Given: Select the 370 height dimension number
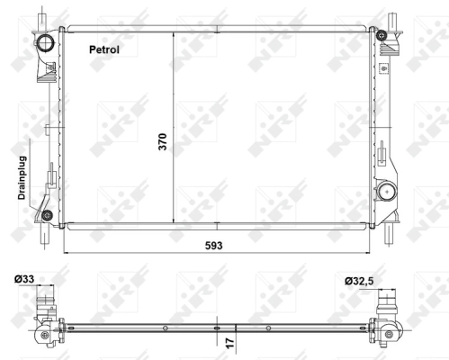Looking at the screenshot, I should tap(164, 140).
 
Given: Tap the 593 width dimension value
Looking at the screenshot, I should tap(214, 244).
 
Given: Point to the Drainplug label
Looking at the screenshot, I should tap(15, 179).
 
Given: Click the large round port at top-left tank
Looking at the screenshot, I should tap(46, 44).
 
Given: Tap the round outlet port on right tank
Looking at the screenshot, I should tap(387, 191).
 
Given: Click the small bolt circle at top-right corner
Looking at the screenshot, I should tap(382, 35).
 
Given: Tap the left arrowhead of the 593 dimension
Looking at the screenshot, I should tap(67, 252).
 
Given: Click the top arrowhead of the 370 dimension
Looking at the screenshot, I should tap(171, 32).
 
